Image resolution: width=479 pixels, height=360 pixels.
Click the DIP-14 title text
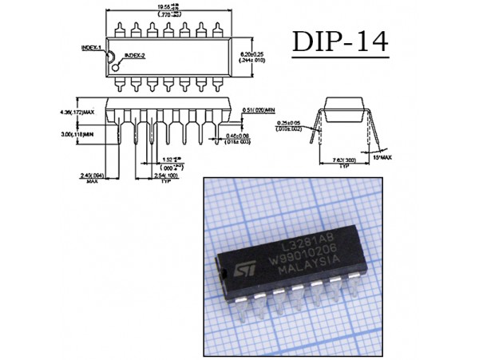pos(341,42)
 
